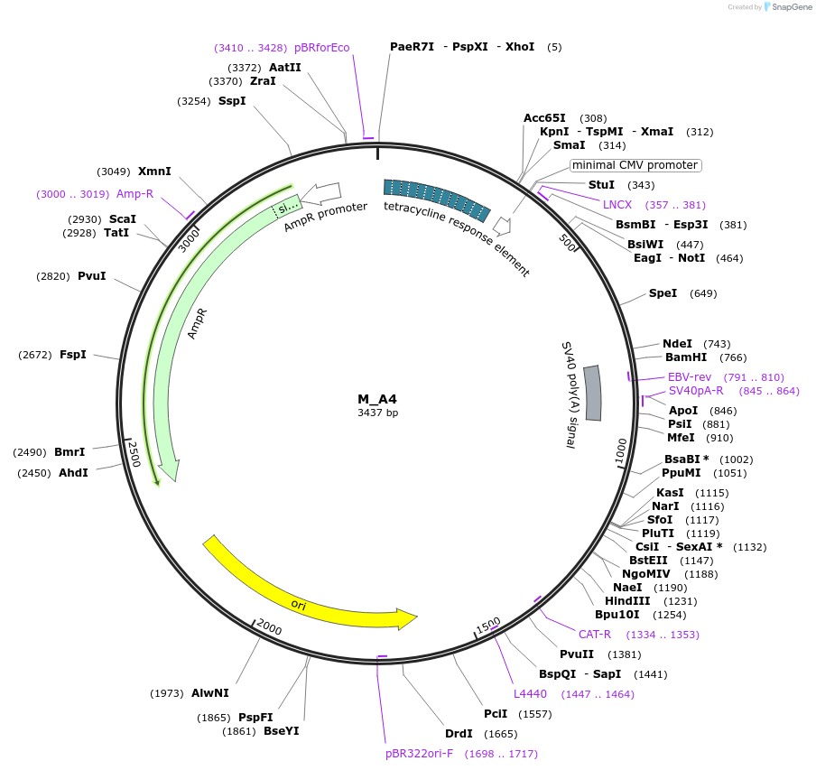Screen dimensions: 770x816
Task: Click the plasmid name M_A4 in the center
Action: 376,399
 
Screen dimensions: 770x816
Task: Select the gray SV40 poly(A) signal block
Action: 592,393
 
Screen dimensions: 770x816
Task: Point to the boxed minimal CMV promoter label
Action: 635,165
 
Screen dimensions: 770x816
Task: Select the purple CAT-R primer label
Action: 595,635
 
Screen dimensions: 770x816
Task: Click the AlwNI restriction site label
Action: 209,693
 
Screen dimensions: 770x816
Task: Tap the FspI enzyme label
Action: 73,355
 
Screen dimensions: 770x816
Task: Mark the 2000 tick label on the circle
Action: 269,626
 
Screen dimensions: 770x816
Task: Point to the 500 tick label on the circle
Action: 568,244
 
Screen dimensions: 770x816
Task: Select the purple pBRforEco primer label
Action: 322,48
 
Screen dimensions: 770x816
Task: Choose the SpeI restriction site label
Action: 663,293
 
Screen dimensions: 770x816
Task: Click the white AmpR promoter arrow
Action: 321,192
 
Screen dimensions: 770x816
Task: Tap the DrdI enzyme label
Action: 459,733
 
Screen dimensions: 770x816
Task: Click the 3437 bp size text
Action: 377,413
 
